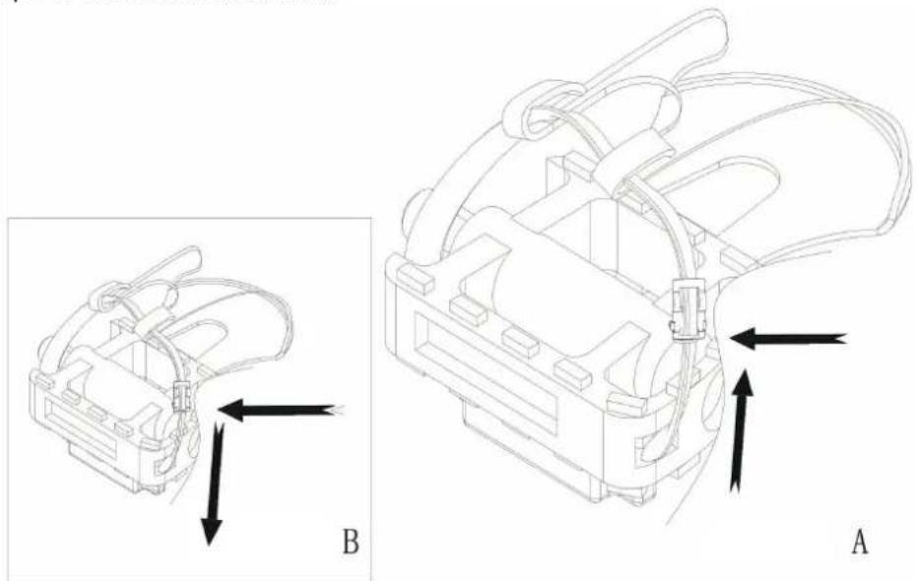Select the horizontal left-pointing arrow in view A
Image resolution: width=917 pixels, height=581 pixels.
click(x=789, y=340)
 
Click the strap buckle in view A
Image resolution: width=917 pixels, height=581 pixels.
click(x=688, y=309)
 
